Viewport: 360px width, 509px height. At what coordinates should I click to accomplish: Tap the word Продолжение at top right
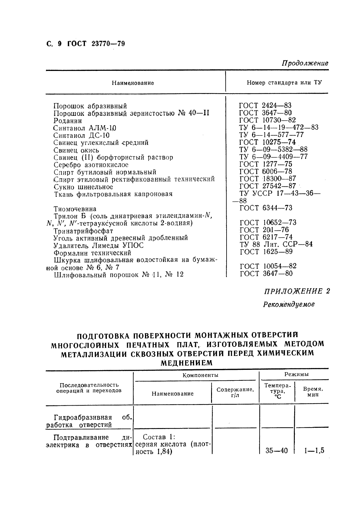pos(305,63)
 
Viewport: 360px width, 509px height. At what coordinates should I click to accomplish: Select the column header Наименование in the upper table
pos(133,83)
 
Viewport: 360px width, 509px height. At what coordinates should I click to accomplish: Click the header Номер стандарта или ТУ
pos(284,82)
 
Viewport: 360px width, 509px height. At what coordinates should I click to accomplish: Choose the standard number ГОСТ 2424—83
pos(265,105)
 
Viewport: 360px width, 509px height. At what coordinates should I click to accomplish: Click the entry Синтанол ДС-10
pos(81,135)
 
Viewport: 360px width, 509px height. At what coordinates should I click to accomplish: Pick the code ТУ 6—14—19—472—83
pos(279,127)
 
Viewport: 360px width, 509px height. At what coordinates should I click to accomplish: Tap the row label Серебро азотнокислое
pos(91,165)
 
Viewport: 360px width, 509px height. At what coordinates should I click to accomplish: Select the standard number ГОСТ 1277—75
pos(265,164)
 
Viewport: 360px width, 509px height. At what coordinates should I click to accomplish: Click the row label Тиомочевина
pos(75,209)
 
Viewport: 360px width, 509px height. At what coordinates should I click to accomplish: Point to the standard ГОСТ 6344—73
pos(265,208)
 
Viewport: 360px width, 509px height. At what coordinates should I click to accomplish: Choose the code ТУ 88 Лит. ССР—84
pos(276,244)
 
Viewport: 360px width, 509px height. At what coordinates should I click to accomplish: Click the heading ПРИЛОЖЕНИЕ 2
pos(297,291)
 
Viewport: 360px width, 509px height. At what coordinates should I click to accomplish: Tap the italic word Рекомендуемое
pos(289,304)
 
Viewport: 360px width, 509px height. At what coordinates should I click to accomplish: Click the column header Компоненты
pos(200,375)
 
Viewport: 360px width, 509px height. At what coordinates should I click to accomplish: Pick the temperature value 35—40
pos(276,450)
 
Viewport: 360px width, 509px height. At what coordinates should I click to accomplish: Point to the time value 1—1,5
pos(314,450)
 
